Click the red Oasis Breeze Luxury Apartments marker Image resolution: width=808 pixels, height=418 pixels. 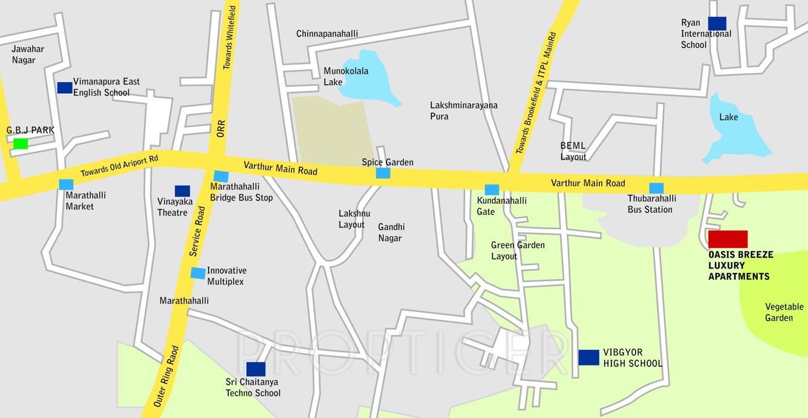coord(728,240)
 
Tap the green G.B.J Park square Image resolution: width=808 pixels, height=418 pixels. coord(21,143)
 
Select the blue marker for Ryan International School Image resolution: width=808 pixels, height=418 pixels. coord(717,23)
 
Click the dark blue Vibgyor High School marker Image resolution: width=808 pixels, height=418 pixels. coord(588,358)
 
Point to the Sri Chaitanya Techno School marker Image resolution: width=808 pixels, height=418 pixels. coord(256,369)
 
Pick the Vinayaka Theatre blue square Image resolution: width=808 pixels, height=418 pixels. coord(182,191)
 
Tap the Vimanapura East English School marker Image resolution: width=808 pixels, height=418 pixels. coord(65,88)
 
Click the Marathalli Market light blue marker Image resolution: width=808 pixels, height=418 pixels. coord(66,185)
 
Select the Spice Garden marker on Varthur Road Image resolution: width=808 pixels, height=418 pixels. coord(383,173)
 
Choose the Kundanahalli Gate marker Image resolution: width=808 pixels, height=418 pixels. coord(492,189)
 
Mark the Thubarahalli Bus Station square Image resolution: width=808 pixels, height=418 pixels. coord(656,188)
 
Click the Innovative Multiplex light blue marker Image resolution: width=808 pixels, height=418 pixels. coord(198,273)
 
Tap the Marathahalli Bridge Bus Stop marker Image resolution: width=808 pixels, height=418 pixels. coord(221,176)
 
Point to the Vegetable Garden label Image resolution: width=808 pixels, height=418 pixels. coord(784,312)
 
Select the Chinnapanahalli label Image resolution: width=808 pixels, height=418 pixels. coord(327,34)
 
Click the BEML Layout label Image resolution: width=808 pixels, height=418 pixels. coord(573,151)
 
